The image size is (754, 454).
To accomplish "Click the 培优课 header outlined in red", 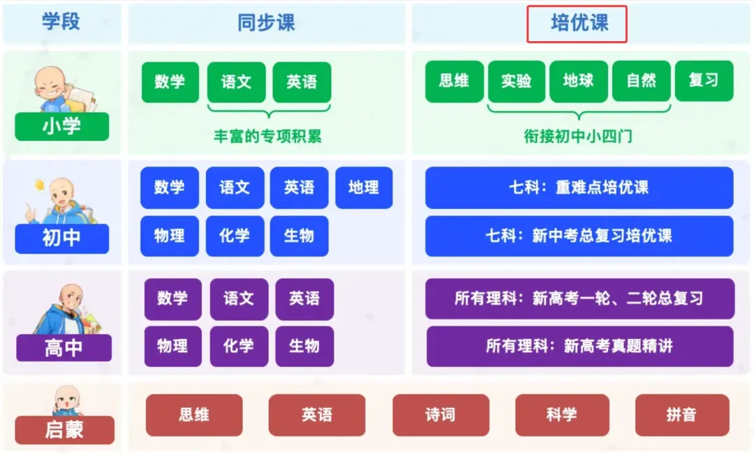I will click(577, 24).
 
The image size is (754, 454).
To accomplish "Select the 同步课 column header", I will click(266, 22).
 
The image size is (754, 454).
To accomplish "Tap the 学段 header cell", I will click(61, 22).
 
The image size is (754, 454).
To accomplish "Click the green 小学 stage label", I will click(62, 126).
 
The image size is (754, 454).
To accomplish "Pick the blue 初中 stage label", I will click(62, 238).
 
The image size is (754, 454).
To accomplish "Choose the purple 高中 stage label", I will click(64, 347).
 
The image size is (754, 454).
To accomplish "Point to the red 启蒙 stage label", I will click(64, 430).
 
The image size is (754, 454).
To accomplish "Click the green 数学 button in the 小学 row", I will click(170, 82).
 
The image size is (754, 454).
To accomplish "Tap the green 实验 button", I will click(517, 81).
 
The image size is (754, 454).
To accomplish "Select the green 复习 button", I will click(704, 80).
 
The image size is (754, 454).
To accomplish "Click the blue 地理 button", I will click(364, 188).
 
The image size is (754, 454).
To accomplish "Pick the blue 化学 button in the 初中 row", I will click(235, 236).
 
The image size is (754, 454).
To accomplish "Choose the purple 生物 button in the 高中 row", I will click(304, 346).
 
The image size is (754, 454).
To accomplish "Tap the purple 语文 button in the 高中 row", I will click(239, 299).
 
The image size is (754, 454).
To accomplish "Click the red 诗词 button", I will click(440, 415).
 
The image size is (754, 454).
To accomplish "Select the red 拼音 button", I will click(681, 415).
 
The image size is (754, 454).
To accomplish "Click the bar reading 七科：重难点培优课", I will click(579, 188).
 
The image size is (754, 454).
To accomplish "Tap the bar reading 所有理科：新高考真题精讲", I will click(579, 346).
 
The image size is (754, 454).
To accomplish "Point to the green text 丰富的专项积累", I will click(268, 136).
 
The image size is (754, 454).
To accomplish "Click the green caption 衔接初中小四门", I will click(578, 136).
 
